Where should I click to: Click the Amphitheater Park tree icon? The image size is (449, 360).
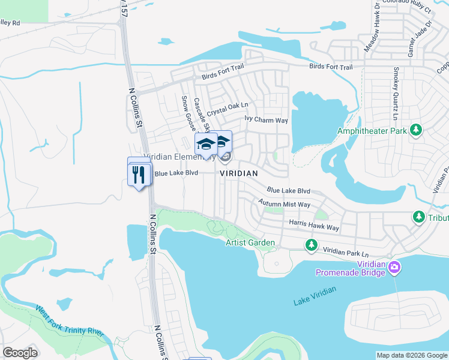pyautogui.click(x=415, y=130)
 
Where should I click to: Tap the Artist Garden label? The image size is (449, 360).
pyautogui.click(x=250, y=243)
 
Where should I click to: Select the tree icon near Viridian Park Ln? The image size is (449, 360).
pyautogui.click(x=311, y=244)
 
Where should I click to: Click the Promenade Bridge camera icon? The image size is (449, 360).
pyautogui.click(x=394, y=267)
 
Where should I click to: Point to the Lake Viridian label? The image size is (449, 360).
pyautogui.click(x=315, y=296)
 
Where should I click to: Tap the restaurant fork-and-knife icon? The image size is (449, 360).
pyautogui.click(x=139, y=174)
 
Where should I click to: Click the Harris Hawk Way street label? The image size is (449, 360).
pyautogui.click(x=314, y=224)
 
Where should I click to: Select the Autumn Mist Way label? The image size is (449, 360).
pyautogui.click(x=285, y=204)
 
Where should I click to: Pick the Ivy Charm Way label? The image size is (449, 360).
pyautogui.click(x=267, y=119)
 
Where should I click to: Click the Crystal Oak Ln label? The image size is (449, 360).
pyautogui.click(x=228, y=109)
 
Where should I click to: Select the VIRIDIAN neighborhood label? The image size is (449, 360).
pyautogui.click(x=239, y=173)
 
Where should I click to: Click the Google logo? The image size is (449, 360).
pyautogui.click(x=20, y=353)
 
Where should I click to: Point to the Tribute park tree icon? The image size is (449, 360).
pyautogui.click(x=418, y=216)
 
